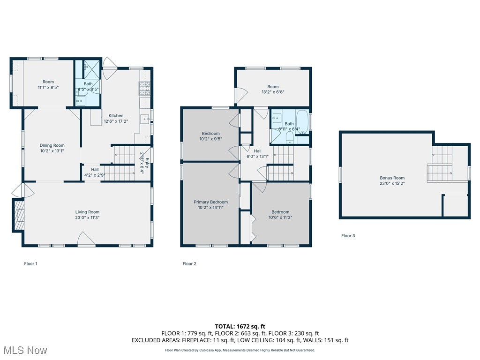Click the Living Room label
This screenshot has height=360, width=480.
click(88, 212)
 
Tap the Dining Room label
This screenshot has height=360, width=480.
click(52, 145)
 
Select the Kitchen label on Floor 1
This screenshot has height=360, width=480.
click(116, 115)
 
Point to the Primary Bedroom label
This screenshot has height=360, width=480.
click(211, 202)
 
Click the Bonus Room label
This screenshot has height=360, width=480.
click(392, 178)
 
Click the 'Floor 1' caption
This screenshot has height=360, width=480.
click(30, 264)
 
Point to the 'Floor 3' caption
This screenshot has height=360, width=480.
click(348, 236)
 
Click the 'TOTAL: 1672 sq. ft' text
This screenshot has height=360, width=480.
click(240, 326)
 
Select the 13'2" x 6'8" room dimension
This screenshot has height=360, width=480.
click(273, 92)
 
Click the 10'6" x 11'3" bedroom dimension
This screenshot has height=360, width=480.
click(279, 217)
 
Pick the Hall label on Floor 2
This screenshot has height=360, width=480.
click(257, 151)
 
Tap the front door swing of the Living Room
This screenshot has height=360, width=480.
click(86, 240)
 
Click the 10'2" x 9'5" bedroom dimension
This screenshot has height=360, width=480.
click(211, 139)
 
